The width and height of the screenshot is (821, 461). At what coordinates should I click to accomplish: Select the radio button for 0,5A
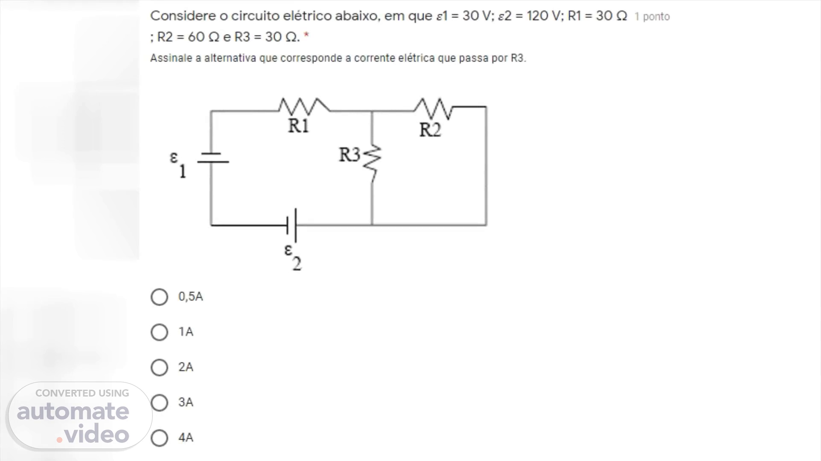pyautogui.click(x=159, y=297)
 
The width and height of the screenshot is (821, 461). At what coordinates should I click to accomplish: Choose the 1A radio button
pyautogui.click(x=159, y=332)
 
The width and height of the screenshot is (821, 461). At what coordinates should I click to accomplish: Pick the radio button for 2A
pyautogui.click(x=159, y=367)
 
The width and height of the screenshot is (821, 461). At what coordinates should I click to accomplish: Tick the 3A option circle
pyautogui.click(x=159, y=403)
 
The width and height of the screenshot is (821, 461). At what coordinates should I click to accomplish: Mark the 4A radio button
pyautogui.click(x=159, y=438)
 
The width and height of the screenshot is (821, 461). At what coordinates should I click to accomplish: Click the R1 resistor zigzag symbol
pyautogui.click(x=304, y=105)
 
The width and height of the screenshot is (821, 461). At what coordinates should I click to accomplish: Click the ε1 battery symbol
pyautogui.click(x=212, y=158)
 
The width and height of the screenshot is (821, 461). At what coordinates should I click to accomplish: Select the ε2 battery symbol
pyautogui.click(x=292, y=225)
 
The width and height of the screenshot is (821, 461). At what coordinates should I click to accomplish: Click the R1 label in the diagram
pyautogui.click(x=298, y=126)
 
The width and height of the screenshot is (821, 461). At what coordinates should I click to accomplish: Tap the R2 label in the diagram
pyautogui.click(x=430, y=130)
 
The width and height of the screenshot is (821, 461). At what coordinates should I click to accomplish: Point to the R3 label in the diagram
pyautogui.click(x=349, y=155)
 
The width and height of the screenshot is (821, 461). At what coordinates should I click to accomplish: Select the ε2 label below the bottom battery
pyautogui.click(x=293, y=257)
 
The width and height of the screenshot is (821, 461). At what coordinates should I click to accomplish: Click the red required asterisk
pyautogui.click(x=306, y=36)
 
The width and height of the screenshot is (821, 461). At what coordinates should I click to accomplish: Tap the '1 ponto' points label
pyautogui.click(x=652, y=17)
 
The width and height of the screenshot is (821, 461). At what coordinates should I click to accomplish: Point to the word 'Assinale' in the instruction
pyautogui.click(x=171, y=58)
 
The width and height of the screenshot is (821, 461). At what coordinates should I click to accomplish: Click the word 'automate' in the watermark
pyautogui.click(x=73, y=411)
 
